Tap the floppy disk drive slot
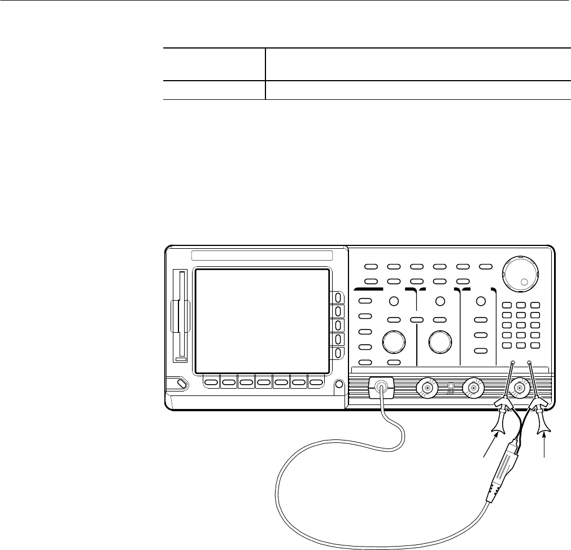pyautogui.click(x=180, y=316)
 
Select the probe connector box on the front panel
pyautogui.click(x=381, y=388)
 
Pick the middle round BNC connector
pyautogui.click(x=473, y=388)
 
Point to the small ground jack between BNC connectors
pyautogui.click(x=450, y=388)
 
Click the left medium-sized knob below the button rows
pyautogui.click(x=394, y=341)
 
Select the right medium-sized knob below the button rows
pyautogui.click(x=440, y=341)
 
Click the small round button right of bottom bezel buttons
pyautogui.click(x=339, y=385)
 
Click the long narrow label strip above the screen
pyautogui.click(x=269, y=256)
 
